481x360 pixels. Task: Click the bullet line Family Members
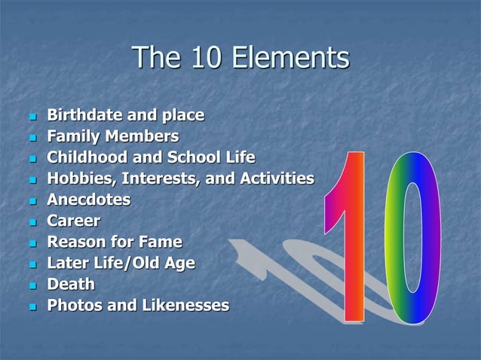coord(113,137)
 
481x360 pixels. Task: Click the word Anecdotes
coord(89,200)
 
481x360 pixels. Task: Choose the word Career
coord(74,221)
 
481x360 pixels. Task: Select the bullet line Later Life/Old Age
coord(121,264)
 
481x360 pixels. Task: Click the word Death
coord(71,285)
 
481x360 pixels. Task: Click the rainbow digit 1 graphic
coord(348,241)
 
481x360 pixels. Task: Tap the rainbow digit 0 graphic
coord(410,237)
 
